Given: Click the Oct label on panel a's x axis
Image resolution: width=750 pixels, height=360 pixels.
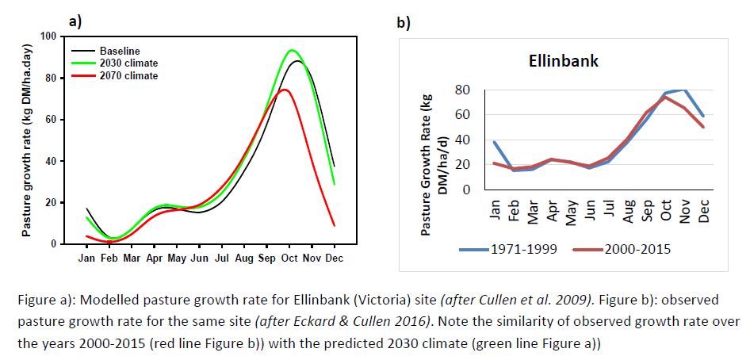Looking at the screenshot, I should click(x=291, y=258).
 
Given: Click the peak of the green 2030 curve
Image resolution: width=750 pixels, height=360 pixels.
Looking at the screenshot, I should click(x=292, y=50).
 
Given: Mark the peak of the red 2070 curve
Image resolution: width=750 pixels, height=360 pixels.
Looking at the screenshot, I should click(x=284, y=90).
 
